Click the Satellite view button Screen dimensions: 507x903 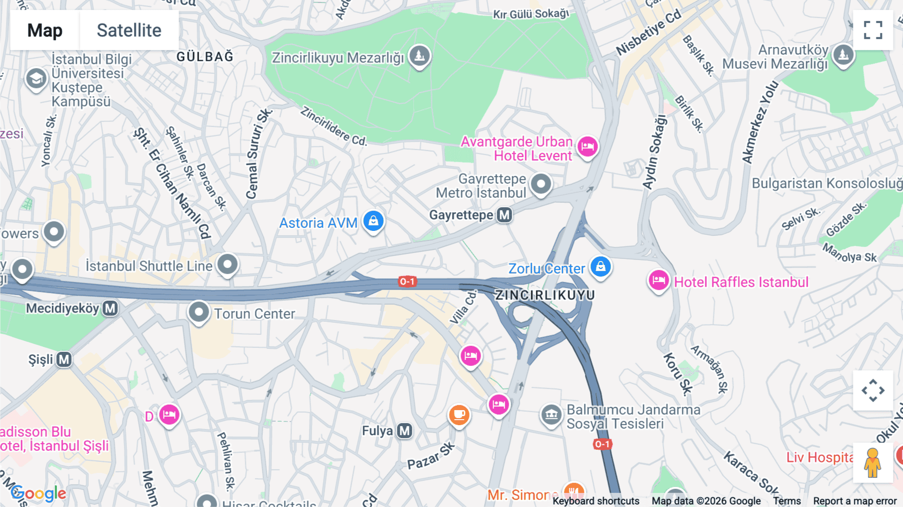pyautogui.click(x=129, y=30)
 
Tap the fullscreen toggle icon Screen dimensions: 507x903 pyautogui.click(x=873, y=30)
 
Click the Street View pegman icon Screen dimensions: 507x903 pyautogui.click(x=873, y=462)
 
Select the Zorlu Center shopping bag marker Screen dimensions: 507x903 pyautogui.click(x=600, y=267)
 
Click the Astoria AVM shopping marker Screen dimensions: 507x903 pyautogui.click(x=373, y=221)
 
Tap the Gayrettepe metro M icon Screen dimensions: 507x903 pyautogui.click(x=504, y=215)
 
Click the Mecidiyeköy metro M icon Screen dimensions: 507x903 pyautogui.click(x=110, y=308)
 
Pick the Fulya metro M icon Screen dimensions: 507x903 pyautogui.click(x=404, y=431)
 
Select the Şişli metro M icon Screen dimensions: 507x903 pyautogui.click(x=64, y=359)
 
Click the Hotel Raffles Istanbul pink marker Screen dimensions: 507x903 pyautogui.click(x=658, y=281)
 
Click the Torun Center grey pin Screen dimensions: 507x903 pyautogui.click(x=199, y=312)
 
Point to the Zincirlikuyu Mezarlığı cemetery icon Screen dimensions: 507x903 pyautogui.click(x=419, y=56)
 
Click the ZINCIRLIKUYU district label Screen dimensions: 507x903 pyautogui.click(x=545, y=295)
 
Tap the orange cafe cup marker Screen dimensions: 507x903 pyautogui.click(x=459, y=415)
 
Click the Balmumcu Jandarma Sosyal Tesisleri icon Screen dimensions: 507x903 pyautogui.click(x=551, y=415)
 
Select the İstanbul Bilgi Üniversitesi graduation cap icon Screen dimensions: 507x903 pyautogui.click(x=36, y=79)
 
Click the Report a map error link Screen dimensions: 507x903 pyautogui.click(x=854, y=501)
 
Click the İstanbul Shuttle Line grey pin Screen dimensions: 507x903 pyautogui.click(x=227, y=264)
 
